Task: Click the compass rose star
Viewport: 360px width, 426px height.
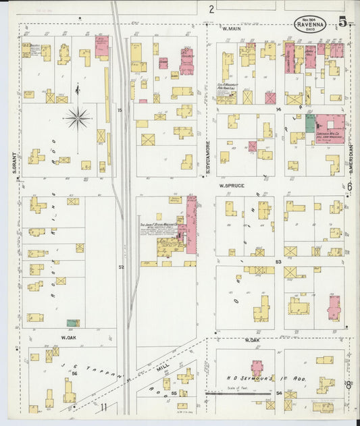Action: point(78,119)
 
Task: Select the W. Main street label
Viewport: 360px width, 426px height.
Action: point(232,29)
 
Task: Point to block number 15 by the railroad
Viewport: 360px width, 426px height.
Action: point(119,109)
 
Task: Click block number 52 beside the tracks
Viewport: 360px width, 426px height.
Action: point(122,267)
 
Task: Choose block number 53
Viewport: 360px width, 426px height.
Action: point(278,261)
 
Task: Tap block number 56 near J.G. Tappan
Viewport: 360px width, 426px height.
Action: point(74,373)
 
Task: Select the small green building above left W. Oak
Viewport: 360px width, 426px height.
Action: point(72,323)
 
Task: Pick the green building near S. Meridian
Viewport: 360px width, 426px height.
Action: point(310,123)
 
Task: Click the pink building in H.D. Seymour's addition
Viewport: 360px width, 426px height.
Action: point(257,368)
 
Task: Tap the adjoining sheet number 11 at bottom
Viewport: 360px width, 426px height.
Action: point(104,406)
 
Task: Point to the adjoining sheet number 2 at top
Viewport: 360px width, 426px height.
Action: point(211,9)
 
